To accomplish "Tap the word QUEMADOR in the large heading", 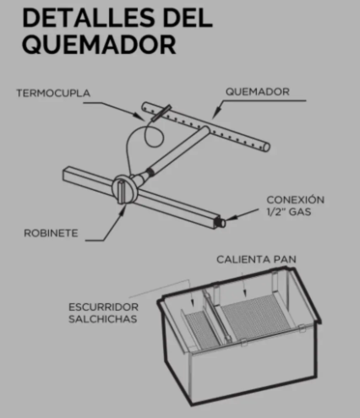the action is [x=100, y=45].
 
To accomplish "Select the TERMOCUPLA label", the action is [x=53, y=93].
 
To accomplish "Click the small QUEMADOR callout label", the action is [x=258, y=92].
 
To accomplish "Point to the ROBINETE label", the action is [x=51, y=233].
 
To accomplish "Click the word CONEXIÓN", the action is [x=296, y=199].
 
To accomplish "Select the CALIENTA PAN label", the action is [x=256, y=259].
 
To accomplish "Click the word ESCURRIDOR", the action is [x=103, y=307].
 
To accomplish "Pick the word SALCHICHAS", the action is [x=103, y=319].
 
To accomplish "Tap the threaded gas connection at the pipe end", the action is [x=220, y=222].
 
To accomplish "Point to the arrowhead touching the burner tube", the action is [x=215, y=114].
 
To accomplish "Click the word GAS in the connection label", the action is [x=300, y=211].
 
